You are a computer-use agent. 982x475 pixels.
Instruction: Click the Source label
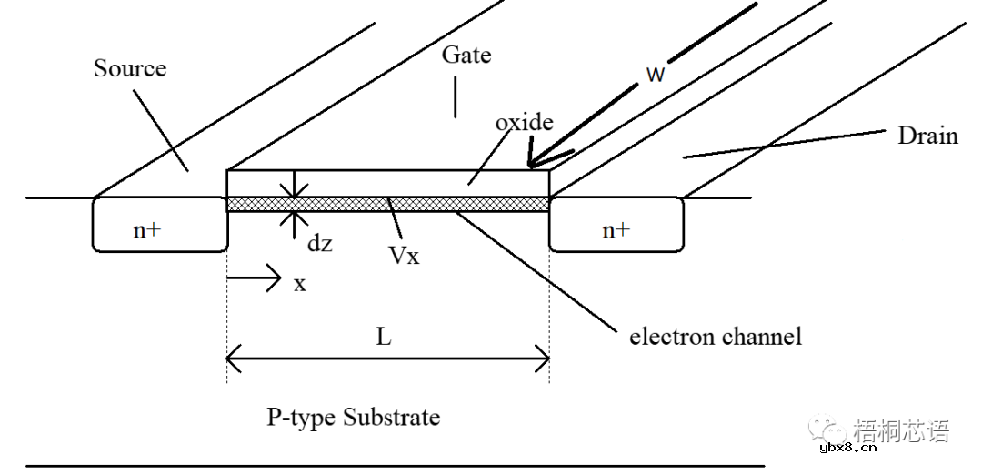tap(130, 68)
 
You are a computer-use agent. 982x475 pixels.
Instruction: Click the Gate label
tap(466, 55)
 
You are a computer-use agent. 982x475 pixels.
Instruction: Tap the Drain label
tap(927, 136)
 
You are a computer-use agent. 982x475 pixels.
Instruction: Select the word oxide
tap(524, 122)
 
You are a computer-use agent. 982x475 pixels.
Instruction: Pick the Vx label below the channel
tap(404, 255)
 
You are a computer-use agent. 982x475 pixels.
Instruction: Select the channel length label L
tap(384, 338)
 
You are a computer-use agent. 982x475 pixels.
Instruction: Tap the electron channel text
tap(716, 337)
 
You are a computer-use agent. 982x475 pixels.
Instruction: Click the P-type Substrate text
tap(353, 418)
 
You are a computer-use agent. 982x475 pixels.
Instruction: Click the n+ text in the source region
tap(147, 230)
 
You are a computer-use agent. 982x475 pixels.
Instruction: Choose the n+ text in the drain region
tap(616, 230)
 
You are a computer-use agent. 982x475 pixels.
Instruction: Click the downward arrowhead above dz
tap(294, 193)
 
